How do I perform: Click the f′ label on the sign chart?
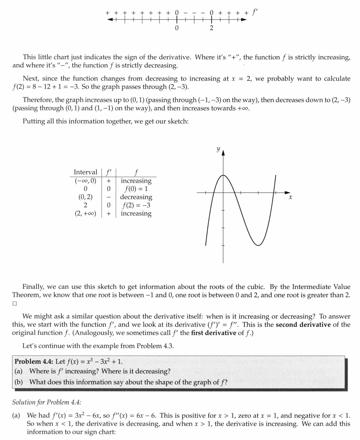point(255,11)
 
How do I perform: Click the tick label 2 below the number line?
point(211,28)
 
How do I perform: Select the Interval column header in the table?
point(85,172)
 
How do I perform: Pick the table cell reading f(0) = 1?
point(136,189)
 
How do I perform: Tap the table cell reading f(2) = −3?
point(136,205)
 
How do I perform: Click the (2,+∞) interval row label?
point(85,214)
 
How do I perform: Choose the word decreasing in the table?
point(136,197)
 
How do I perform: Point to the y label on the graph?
point(218,149)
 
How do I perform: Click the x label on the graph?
point(290,197)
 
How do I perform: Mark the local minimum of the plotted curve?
point(258,245)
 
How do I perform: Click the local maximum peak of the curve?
point(223,175)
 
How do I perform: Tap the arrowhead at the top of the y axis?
point(223,152)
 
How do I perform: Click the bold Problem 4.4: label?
point(34,362)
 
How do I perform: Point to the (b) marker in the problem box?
point(19,382)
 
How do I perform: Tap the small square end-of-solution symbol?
point(15,303)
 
